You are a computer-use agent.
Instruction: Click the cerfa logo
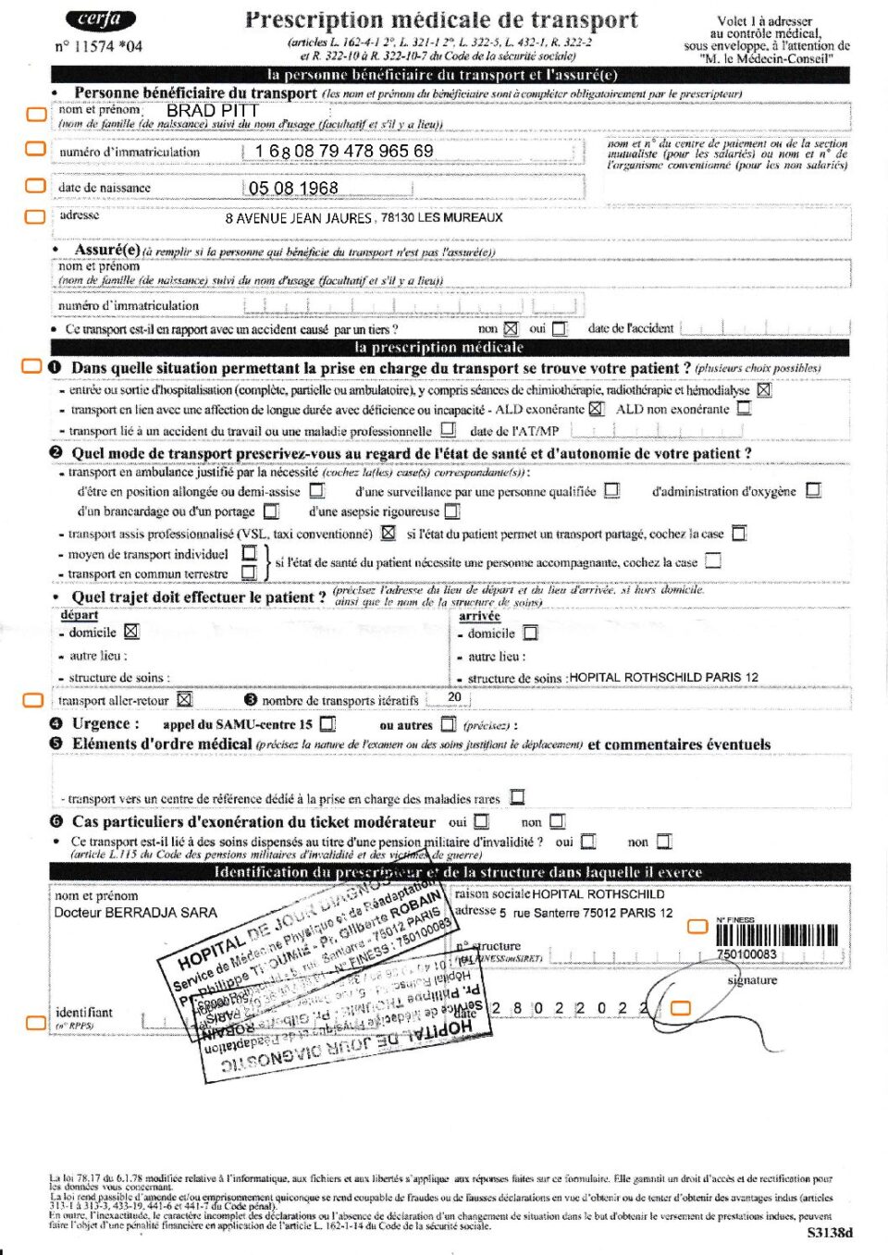tap(101, 19)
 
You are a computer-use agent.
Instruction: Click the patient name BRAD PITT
tap(212, 110)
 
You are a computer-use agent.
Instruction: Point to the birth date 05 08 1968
tap(293, 188)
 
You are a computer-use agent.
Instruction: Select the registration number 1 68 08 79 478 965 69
tap(344, 151)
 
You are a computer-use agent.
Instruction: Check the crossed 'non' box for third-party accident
tap(511, 328)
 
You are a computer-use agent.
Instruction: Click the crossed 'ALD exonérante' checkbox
tap(596, 409)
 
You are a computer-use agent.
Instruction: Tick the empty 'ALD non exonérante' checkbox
tap(744, 408)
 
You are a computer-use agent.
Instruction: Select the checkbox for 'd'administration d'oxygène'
tap(813, 490)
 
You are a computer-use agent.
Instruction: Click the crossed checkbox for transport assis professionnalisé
tap(388, 533)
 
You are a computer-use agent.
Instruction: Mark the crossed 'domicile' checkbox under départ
tap(131, 632)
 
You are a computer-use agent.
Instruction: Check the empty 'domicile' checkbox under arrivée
tap(530, 634)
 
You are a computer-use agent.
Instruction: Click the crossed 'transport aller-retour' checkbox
tap(184, 700)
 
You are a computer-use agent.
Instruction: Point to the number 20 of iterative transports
tap(454, 697)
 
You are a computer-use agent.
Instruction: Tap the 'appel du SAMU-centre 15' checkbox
tap(327, 724)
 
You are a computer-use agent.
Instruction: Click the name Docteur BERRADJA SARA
tap(136, 913)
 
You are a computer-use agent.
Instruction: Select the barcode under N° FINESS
tap(777, 935)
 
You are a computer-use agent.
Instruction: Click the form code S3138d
tap(829, 1232)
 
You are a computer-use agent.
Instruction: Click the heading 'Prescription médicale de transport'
tap(441, 19)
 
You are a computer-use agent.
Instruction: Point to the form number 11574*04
tap(99, 46)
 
